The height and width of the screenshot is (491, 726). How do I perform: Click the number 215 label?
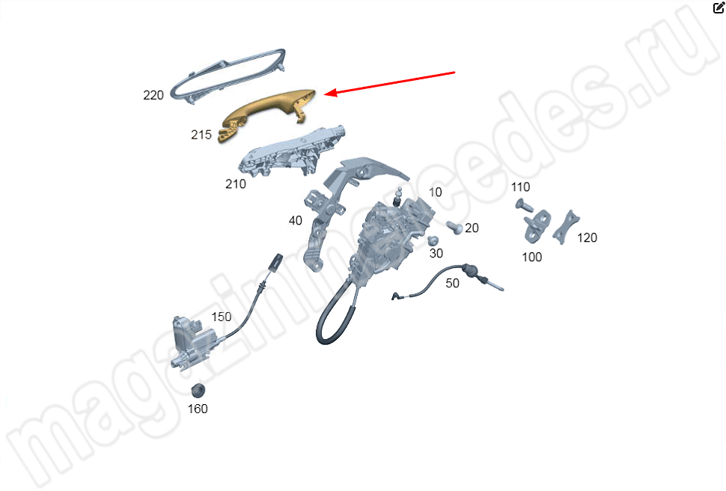(x=201, y=135)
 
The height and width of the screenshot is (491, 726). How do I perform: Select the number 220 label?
(x=153, y=95)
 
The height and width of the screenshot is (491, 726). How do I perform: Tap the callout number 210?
(x=235, y=184)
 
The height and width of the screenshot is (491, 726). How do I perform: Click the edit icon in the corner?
(x=719, y=7)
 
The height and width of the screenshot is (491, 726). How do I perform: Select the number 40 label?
(x=296, y=221)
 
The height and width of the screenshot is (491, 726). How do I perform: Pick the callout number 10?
(x=436, y=192)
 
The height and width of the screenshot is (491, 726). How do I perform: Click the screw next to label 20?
(x=454, y=228)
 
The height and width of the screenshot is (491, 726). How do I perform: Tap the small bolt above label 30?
(x=433, y=241)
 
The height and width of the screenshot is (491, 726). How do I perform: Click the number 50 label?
(x=452, y=283)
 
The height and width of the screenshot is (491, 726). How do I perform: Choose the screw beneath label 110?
(x=523, y=205)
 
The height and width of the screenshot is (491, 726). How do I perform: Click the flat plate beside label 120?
(x=565, y=228)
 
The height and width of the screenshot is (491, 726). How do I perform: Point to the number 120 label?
(x=587, y=237)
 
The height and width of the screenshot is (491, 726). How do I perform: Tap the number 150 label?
(x=222, y=317)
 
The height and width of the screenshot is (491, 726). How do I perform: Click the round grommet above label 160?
(x=198, y=391)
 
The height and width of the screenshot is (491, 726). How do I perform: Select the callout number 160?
(x=198, y=409)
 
